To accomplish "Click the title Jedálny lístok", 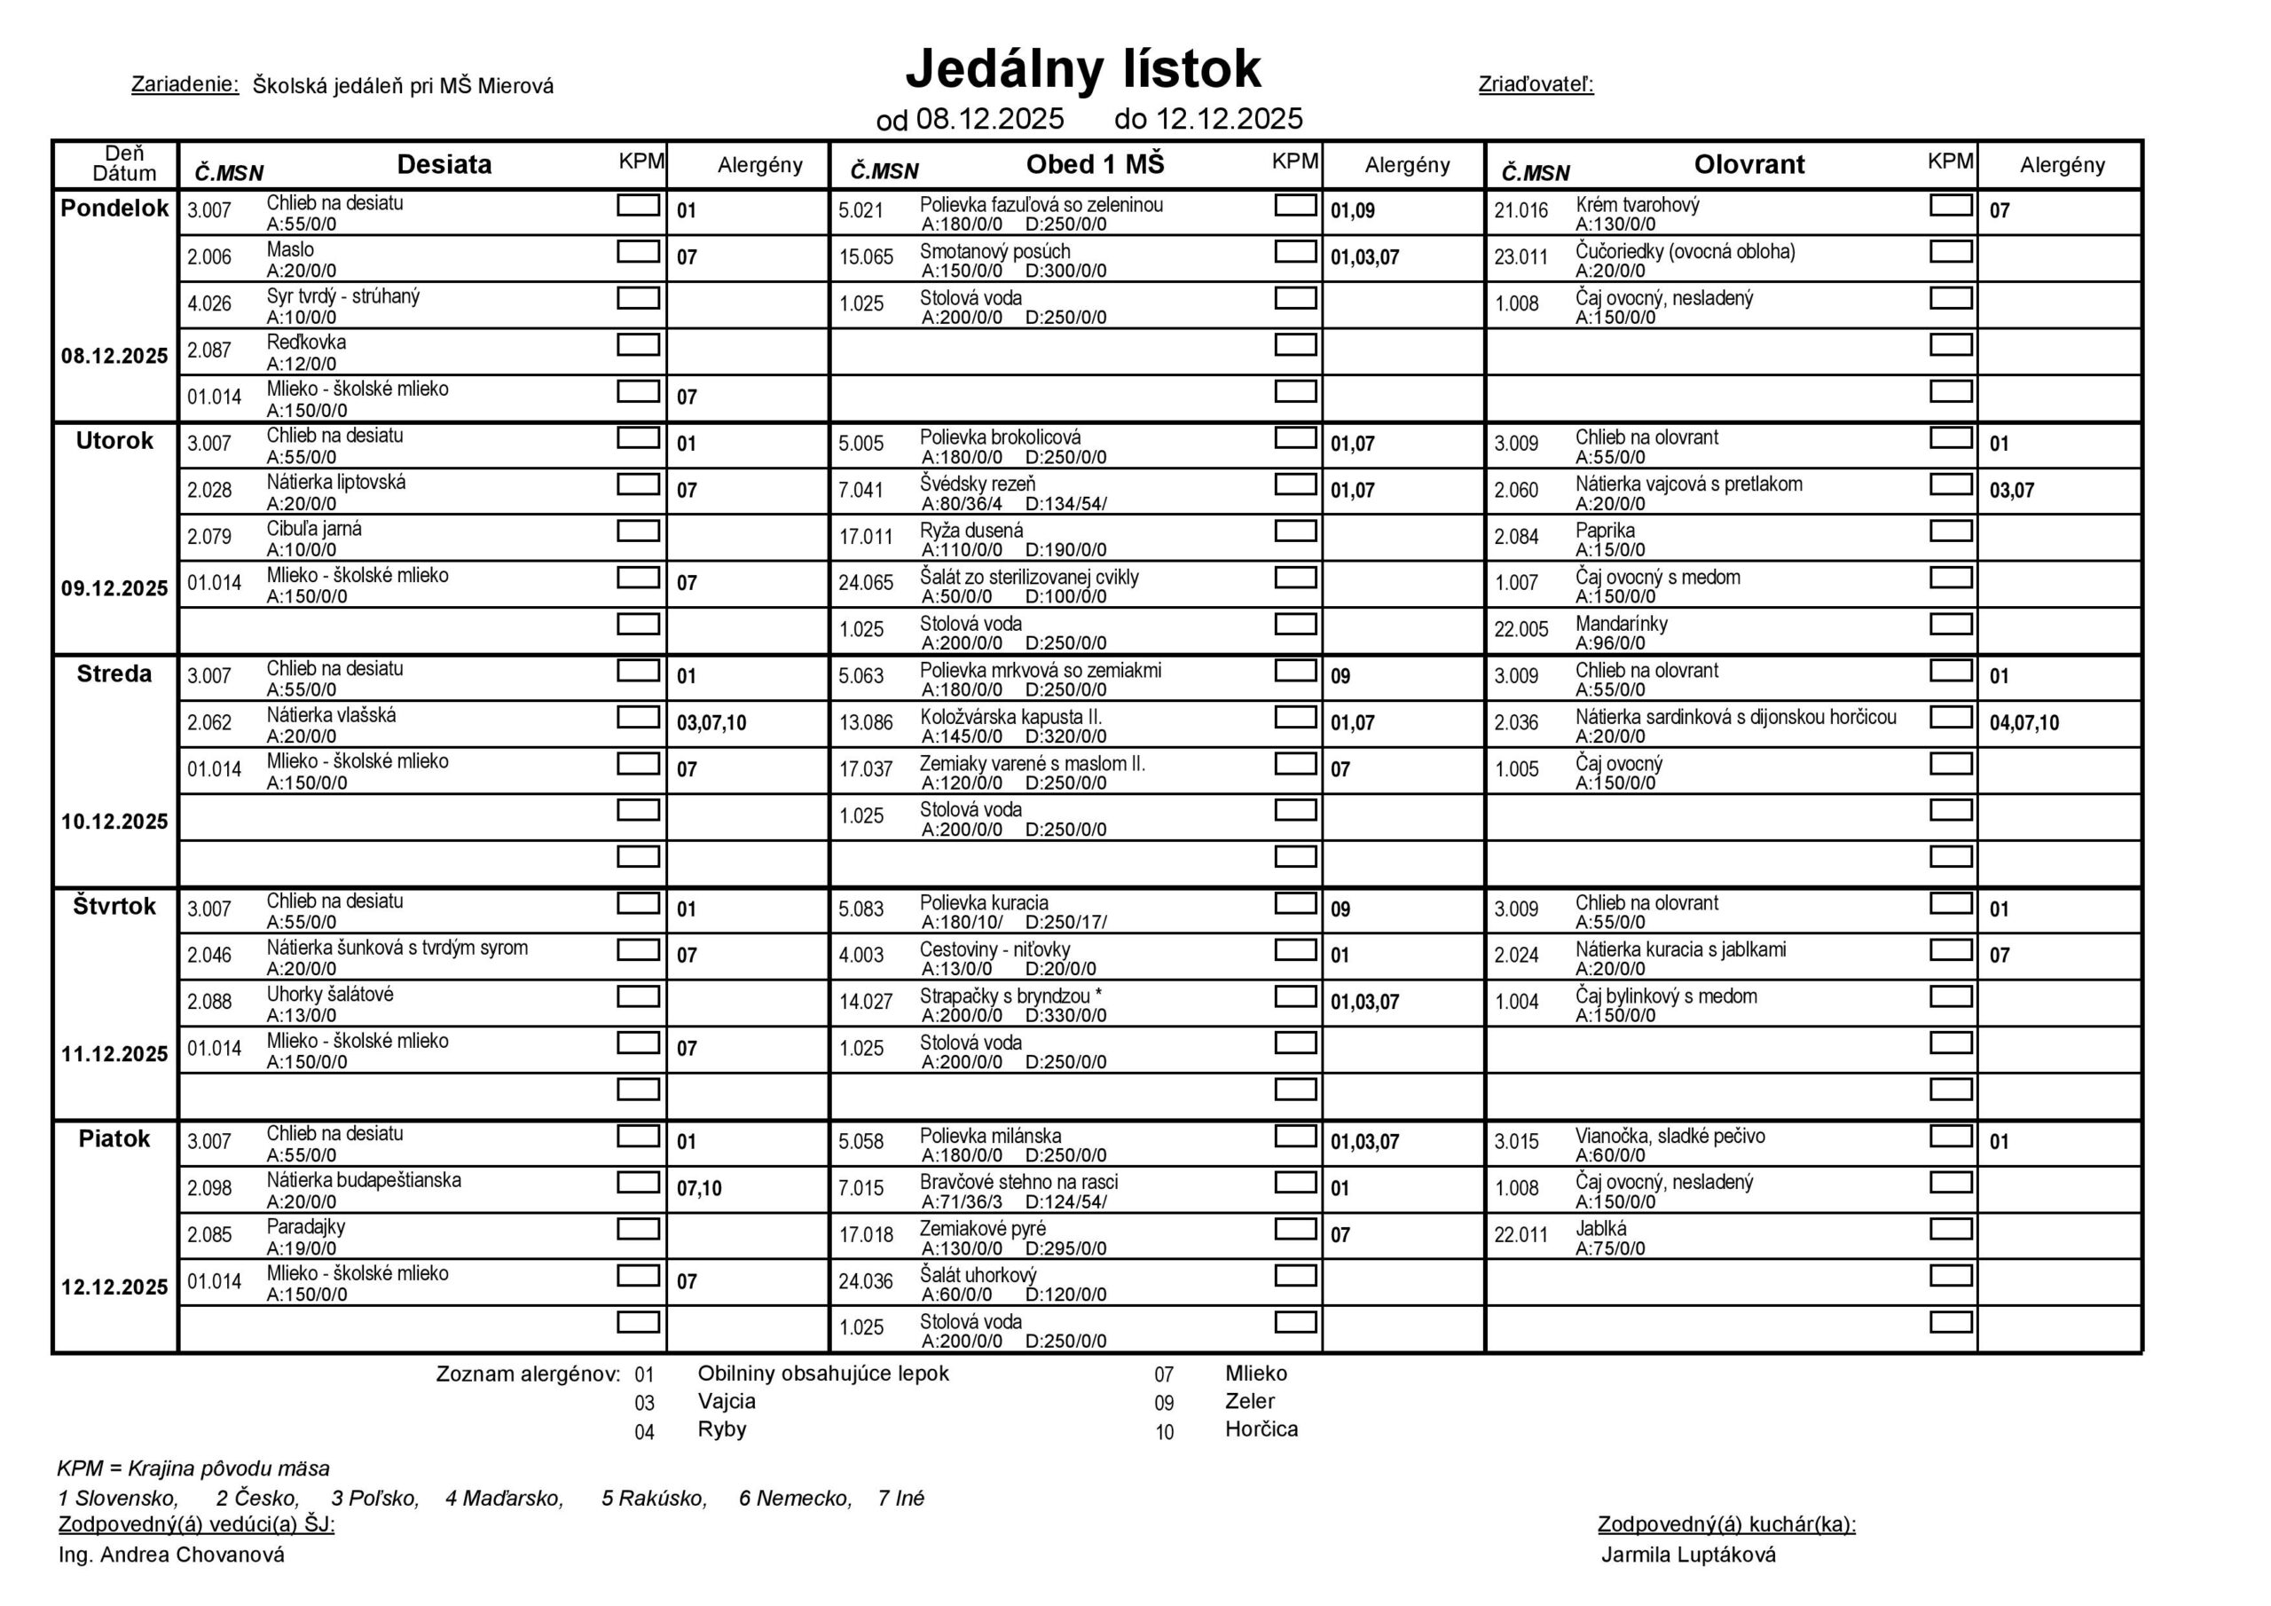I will pos(1082,69).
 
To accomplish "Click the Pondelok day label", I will pos(114,209).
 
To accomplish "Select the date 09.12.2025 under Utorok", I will pos(114,589).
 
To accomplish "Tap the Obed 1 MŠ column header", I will pos(1095,164).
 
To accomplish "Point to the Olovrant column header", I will pos(1748,164).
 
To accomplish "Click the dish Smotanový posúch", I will pos(994,251).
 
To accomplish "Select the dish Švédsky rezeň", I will pos(978,484).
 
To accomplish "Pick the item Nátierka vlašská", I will pos(332,715).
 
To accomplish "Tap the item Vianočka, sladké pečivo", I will pos(1670,1136).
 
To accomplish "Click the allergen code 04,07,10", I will pos(2023,723).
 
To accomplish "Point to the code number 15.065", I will pos(866,257).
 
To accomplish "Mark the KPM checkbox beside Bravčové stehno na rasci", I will pos(1295,1183).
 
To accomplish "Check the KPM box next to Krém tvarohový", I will pos(1951,205).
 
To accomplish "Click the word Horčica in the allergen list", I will pos(1261,1429).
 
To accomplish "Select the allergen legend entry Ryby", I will pos(722,1429).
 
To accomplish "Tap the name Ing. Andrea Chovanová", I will pos(171,1555).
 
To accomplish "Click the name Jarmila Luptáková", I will pos(1688,1555).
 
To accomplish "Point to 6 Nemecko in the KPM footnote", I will pos(795,1498).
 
